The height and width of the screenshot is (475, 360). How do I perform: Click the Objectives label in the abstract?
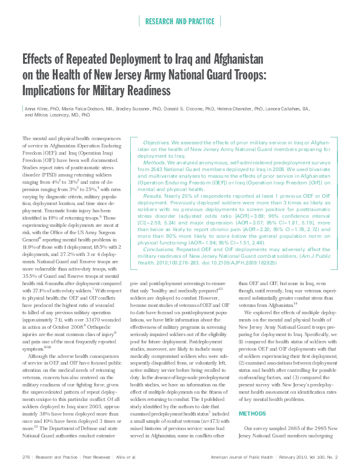[156, 141]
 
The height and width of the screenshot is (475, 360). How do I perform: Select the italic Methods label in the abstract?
[155, 163]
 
